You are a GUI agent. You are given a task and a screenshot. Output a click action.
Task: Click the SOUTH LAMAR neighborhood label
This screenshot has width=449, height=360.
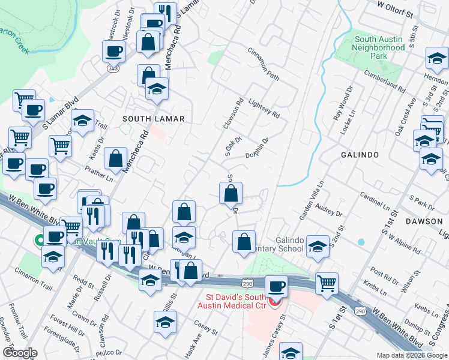point(153,119)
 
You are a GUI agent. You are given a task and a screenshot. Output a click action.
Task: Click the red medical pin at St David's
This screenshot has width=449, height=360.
point(274,302)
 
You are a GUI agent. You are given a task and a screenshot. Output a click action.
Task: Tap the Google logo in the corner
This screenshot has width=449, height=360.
point(20,353)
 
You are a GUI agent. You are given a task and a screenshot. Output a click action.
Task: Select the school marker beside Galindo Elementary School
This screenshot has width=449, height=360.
point(317,245)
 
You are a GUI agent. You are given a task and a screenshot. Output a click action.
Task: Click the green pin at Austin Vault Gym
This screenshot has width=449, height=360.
point(40,240)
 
